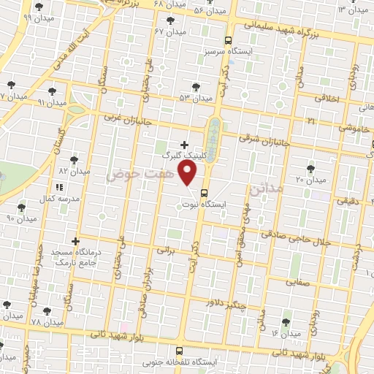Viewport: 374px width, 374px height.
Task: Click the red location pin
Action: click(x=188, y=174)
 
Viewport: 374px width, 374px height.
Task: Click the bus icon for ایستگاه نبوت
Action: click(x=202, y=194)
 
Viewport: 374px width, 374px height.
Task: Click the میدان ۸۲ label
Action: click(x=73, y=171)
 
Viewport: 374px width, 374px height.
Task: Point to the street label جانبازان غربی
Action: click(x=126, y=117)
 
